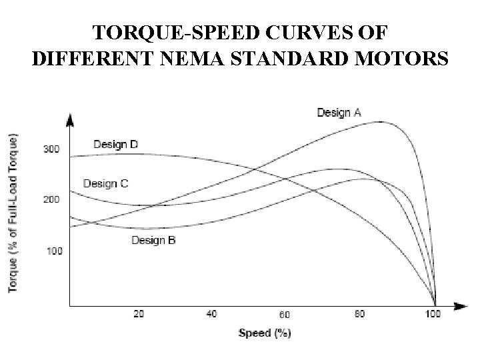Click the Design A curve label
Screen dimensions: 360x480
click(x=339, y=113)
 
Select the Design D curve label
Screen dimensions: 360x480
click(x=115, y=144)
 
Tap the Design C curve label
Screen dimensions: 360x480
click(x=105, y=183)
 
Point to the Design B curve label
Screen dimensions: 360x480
click(x=153, y=240)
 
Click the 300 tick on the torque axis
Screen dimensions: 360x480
click(x=52, y=149)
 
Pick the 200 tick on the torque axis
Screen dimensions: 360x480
click(x=52, y=199)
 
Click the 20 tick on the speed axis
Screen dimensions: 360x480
click(x=139, y=314)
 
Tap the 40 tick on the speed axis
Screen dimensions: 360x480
click(x=211, y=314)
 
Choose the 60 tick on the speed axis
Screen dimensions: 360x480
click(x=285, y=315)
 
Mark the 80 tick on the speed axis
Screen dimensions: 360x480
click(x=359, y=314)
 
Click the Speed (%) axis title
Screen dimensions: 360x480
click(x=265, y=333)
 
